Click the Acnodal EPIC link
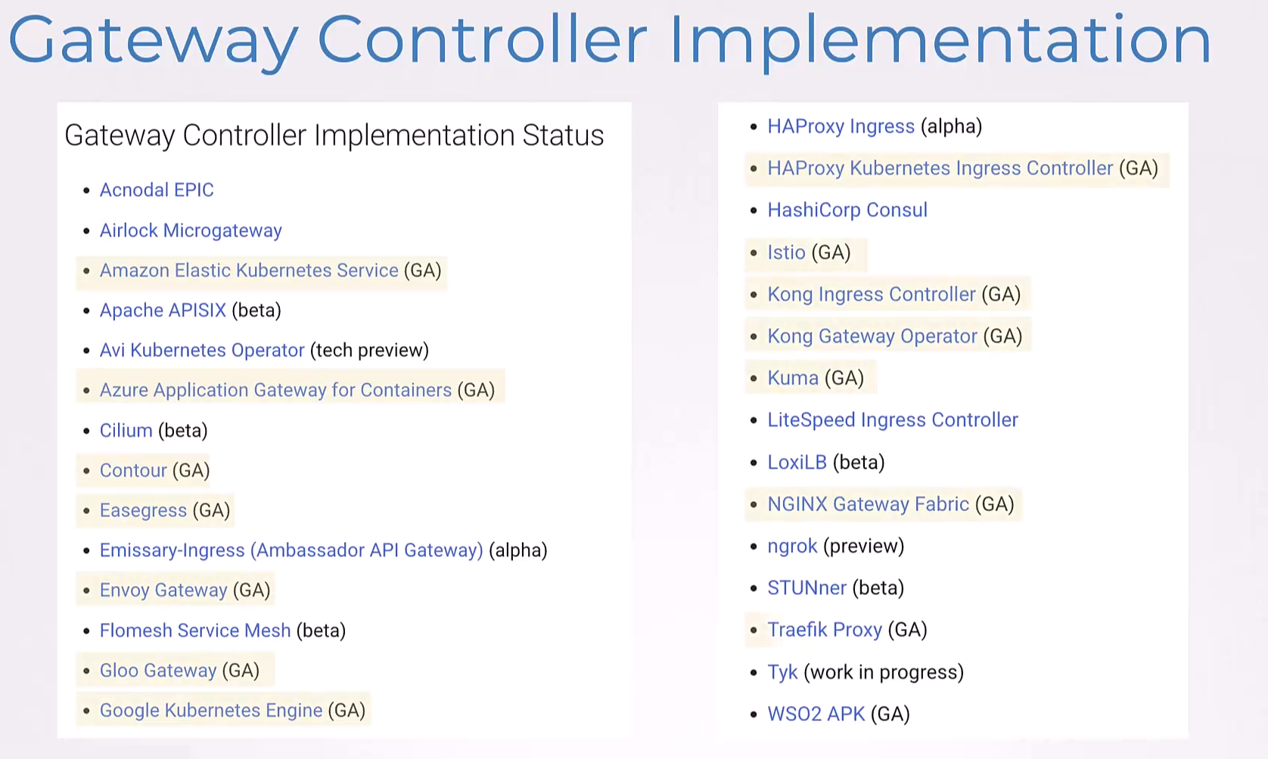point(157,190)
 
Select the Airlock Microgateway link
point(191,231)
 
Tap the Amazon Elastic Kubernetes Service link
point(249,271)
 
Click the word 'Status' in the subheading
point(563,135)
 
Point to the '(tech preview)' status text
point(370,351)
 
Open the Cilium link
point(126,430)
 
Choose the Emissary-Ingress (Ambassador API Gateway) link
point(291,550)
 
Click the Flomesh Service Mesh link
point(195,630)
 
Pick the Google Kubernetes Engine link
point(211,711)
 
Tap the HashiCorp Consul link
point(847,210)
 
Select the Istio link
point(786,252)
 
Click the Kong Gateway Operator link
point(872,336)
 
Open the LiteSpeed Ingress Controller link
point(893,420)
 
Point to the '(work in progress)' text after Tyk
point(884,673)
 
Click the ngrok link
point(793,547)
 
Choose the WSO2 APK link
point(816,714)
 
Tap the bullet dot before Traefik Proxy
point(754,630)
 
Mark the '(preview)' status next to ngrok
point(864,547)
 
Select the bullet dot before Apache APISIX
point(86,311)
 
